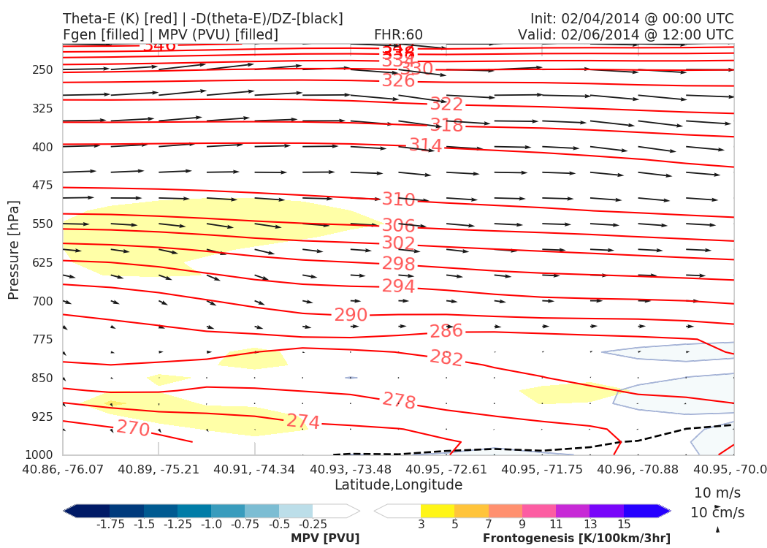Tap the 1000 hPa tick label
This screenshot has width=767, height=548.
tap(40, 455)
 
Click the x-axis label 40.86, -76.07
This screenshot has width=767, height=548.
tap(63, 468)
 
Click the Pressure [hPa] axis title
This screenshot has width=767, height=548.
tap(14, 248)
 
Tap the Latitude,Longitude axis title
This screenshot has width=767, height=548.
tap(398, 485)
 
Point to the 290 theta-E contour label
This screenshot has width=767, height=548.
tap(351, 315)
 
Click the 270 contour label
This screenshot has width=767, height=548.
tap(134, 429)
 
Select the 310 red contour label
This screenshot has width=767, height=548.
tap(398, 199)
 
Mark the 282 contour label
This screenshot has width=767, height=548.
tap(446, 358)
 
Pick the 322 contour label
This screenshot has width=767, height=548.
tap(446, 105)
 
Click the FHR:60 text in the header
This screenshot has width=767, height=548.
tap(398, 34)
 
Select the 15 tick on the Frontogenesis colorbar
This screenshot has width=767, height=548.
tap(624, 524)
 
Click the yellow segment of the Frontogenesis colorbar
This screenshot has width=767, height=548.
tap(438, 511)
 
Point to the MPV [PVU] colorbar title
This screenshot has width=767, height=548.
tap(325, 539)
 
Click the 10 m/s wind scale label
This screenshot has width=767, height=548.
tap(716, 492)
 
